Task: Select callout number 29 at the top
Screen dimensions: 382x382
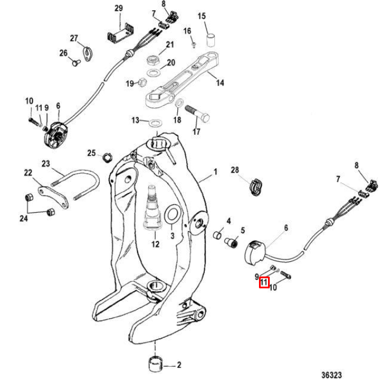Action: (x=118, y=8)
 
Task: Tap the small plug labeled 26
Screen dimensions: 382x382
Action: (x=74, y=63)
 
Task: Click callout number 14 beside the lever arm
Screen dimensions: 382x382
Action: (x=219, y=83)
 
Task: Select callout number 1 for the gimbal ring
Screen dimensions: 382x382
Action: (x=215, y=171)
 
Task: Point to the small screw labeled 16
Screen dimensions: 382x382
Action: (x=192, y=41)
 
